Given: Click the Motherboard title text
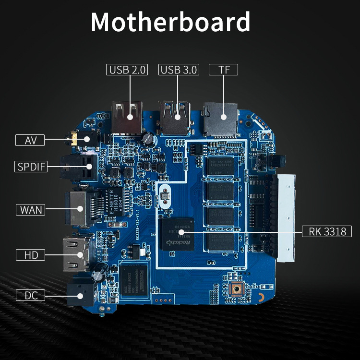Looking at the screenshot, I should click(170, 22).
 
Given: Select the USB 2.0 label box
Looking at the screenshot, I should click(127, 70).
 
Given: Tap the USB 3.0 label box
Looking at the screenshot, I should click(179, 70).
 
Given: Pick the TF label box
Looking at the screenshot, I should click(224, 70).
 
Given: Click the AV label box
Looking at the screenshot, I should click(30, 140).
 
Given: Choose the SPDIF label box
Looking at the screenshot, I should click(30, 167).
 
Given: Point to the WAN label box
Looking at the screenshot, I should click(30, 210).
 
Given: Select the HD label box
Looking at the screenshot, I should click(30, 254).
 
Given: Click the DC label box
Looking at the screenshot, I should click(30, 295).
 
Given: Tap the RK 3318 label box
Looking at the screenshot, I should click(327, 232).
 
